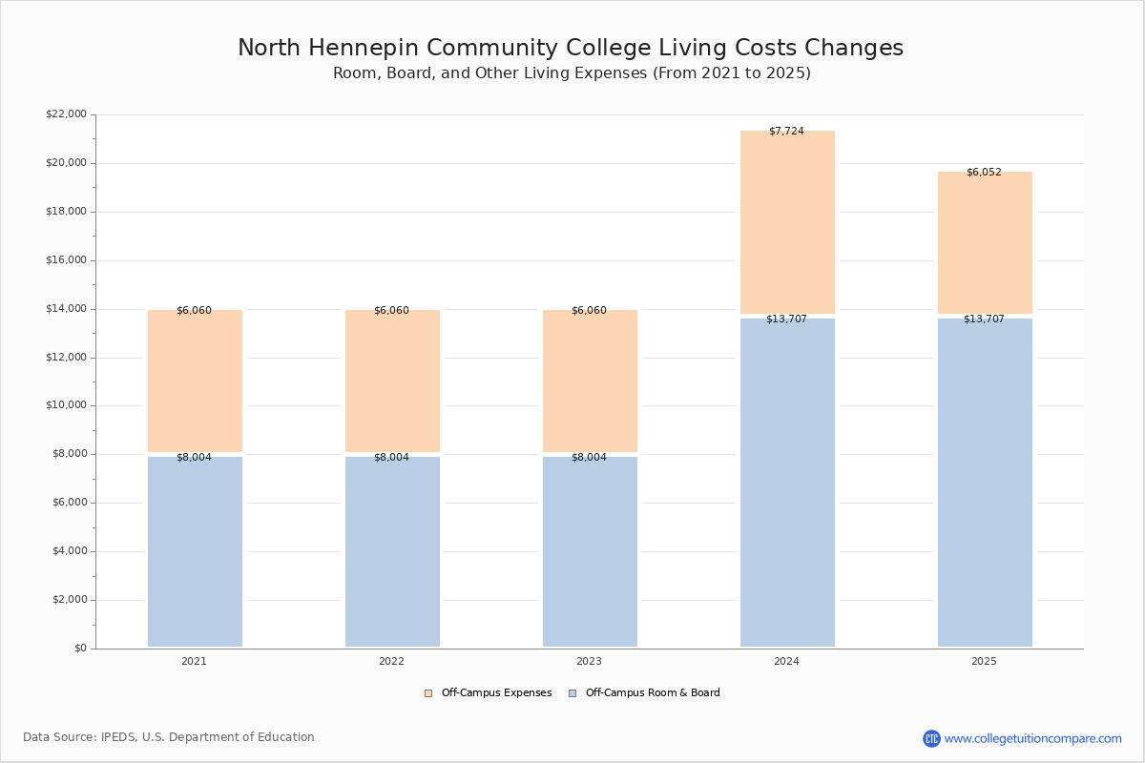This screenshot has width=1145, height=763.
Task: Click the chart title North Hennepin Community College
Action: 571,48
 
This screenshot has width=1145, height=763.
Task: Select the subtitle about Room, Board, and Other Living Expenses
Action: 572,73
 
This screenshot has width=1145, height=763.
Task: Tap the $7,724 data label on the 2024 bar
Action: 786,132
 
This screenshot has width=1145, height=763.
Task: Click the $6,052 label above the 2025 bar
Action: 984,173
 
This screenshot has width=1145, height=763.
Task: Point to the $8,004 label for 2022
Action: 391,458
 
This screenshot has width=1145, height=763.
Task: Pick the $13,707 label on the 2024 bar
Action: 786,319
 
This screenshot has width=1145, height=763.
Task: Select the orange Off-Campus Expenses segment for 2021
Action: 195,381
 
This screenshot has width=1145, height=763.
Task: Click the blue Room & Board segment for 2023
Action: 590,552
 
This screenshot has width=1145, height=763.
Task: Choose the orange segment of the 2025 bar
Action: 985,243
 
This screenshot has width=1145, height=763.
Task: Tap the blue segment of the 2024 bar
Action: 788,483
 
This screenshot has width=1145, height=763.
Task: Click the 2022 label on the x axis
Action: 391,661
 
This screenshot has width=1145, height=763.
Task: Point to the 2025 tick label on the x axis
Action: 984,661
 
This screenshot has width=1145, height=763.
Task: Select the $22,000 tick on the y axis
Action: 67,113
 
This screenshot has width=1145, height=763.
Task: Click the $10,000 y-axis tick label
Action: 67,405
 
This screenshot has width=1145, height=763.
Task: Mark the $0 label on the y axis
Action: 81,649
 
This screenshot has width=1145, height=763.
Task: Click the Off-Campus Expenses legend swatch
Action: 428,693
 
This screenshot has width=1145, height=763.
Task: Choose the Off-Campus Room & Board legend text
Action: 653,693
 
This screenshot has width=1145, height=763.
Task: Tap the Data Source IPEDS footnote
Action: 169,737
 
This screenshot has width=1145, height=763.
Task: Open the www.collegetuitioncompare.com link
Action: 1033,738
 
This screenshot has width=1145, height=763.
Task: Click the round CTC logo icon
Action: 931,738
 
